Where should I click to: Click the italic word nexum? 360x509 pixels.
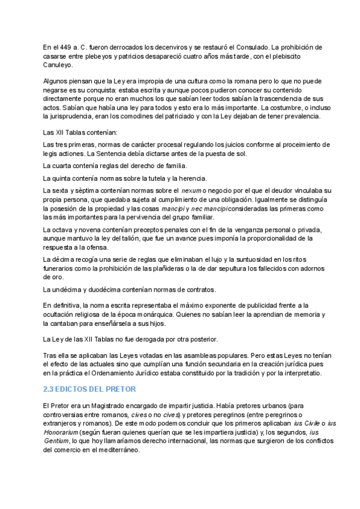tap(192, 190)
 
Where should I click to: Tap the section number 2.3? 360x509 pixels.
tap(49, 390)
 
